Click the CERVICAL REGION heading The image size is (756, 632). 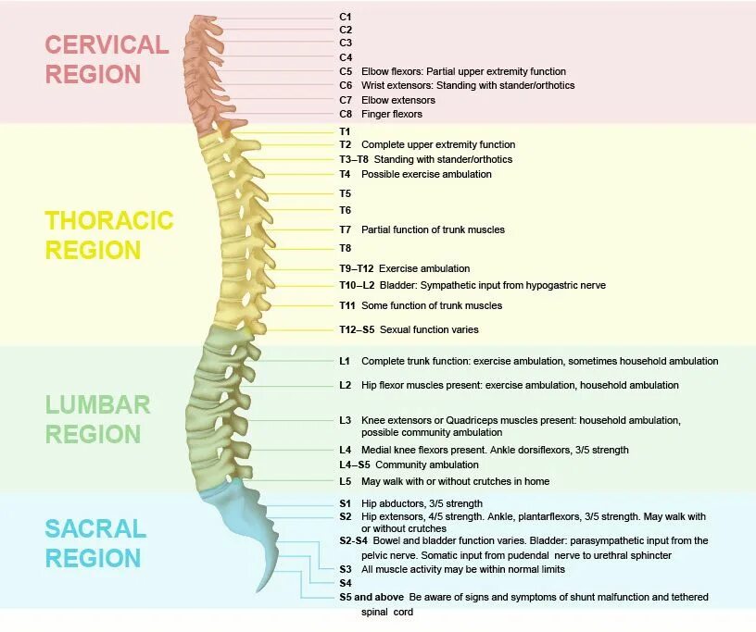(107, 59)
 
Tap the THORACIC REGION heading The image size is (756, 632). (109, 235)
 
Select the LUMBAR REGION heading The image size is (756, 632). (97, 419)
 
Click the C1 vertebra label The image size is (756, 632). (346, 17)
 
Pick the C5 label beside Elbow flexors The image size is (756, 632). (346, 71)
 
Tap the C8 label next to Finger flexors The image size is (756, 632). (346, 114)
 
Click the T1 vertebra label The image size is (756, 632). (346, 131)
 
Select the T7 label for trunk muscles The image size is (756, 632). (346, 229)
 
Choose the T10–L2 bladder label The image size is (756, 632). (357, 286)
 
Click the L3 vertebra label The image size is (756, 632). (346, 420)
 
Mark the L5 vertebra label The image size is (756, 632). (346, 481)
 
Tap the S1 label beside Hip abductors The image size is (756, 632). (346, 502)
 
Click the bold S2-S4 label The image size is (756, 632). (354, 539)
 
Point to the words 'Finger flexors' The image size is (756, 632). (392, 114)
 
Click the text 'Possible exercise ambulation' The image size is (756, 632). (426, 174)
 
